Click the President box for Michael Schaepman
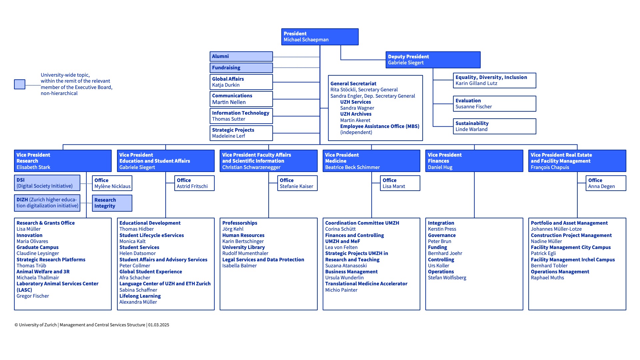pyautogui.click(x=320, y=37)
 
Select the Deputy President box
pyautogui.click(x=433, y=60)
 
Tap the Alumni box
pyautogui.click(x=241, y=56)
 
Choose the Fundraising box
pyautogui.click(x=241, y=68)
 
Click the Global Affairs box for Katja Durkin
pyautogui.click(x=241, y=82)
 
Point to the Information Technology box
pyautogui.click(x=241, y=116)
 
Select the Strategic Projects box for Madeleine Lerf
pyautogui.click(x=241, y=133)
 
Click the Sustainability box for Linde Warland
pyautogui.click(x=495, y=126)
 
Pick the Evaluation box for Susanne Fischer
pyautogui.click(x=495, y=104)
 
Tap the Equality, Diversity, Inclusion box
pyautogui.click(x=495, y=80)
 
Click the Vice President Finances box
pyautogui.click(x=474, y=161)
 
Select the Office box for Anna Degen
pyautogui.click(x=606, y=183)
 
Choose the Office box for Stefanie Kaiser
pyautogui.click(x=297, y=183)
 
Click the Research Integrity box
pyautogui.click(x=112, y=203)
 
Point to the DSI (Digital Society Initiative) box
pyautogui.click(x=47, y=183)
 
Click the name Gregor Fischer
pyautogui.click(x=33, y=296)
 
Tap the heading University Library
pyautogui.click(x=244, y=247)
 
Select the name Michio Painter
pyautogui.click(x=341, y=290)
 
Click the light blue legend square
pyautogui.click(x=20, y=84)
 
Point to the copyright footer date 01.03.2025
pyautogui.click(x=159, y=325)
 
